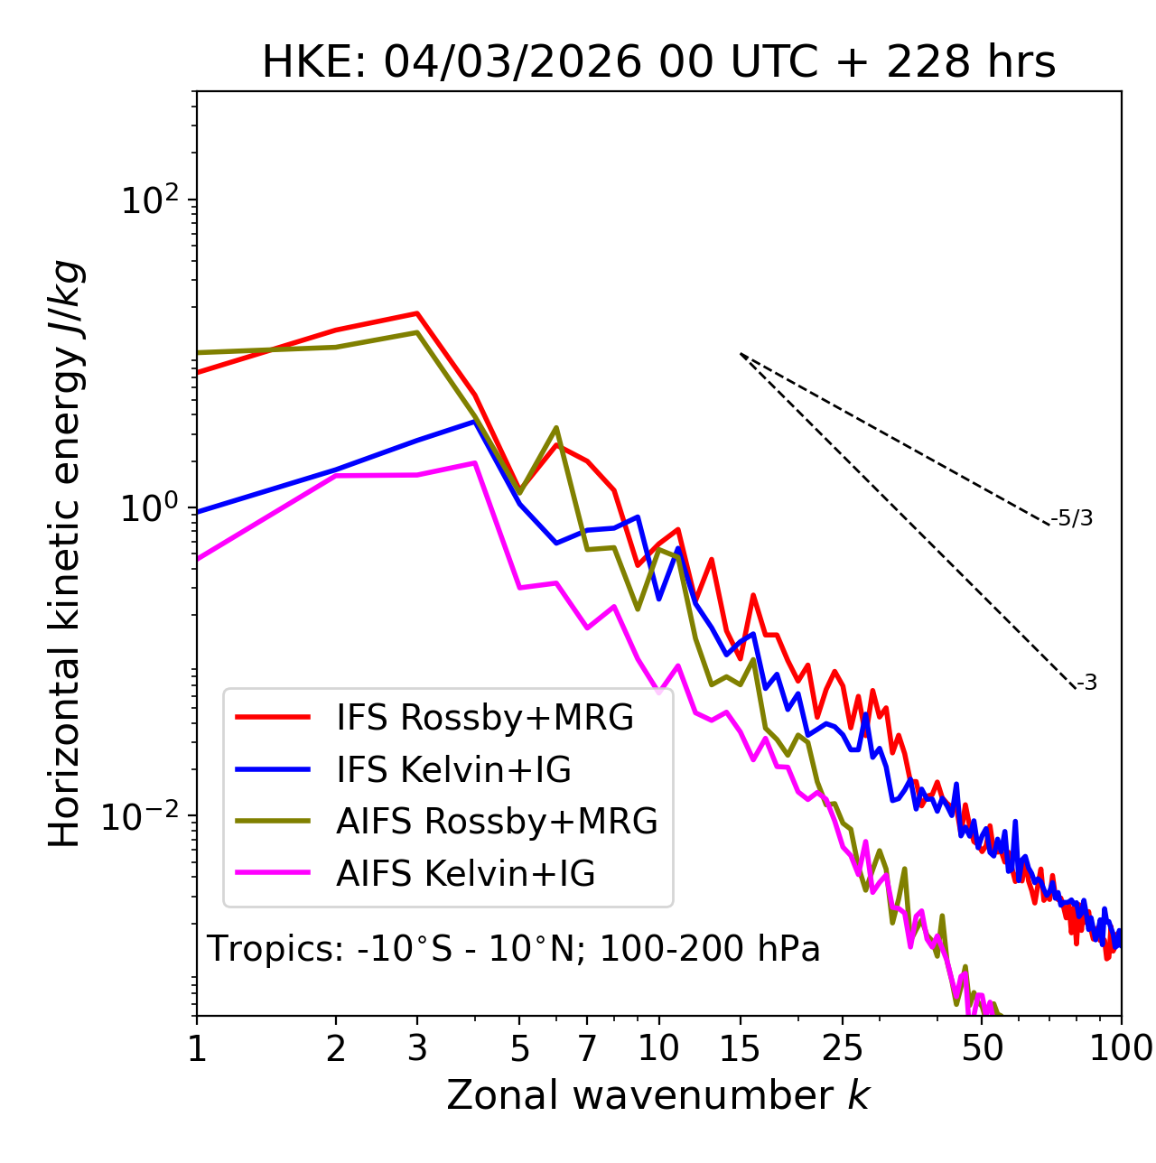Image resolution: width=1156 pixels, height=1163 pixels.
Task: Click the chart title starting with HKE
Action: (x=658, y=63)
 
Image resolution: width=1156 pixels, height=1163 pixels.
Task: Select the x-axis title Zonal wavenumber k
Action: (x=657, y=1095)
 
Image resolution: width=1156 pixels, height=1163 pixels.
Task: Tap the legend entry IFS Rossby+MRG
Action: (x=484, y=717)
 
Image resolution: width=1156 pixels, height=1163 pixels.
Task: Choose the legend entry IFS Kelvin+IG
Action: (x=453, y=769)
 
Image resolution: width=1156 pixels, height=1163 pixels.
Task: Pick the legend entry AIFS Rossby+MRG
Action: (x=497, y=821)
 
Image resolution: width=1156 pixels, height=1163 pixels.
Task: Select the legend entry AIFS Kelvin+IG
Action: (x=465, y=873)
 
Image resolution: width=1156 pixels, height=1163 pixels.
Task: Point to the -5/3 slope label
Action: (x=1072, y=518)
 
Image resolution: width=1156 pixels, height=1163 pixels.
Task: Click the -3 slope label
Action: (x=1086, y=683)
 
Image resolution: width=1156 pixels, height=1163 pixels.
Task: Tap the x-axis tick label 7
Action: (x=587, y=1048)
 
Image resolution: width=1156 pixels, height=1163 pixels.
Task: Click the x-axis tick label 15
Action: (x=741, y=1048)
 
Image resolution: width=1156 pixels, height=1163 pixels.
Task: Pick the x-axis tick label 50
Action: (x=982, y=1048)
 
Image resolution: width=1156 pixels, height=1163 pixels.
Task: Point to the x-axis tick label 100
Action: (x=1121, y=1048)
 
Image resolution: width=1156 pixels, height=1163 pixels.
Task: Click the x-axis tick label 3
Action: (x=417, y=1048)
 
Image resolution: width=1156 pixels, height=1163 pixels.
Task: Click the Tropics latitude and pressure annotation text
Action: (x=513, y=949)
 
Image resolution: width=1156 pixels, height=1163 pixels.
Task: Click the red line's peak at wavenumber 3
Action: (x=416, y=313)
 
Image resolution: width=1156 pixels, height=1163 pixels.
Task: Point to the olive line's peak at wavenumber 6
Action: (x=556, y=427)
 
